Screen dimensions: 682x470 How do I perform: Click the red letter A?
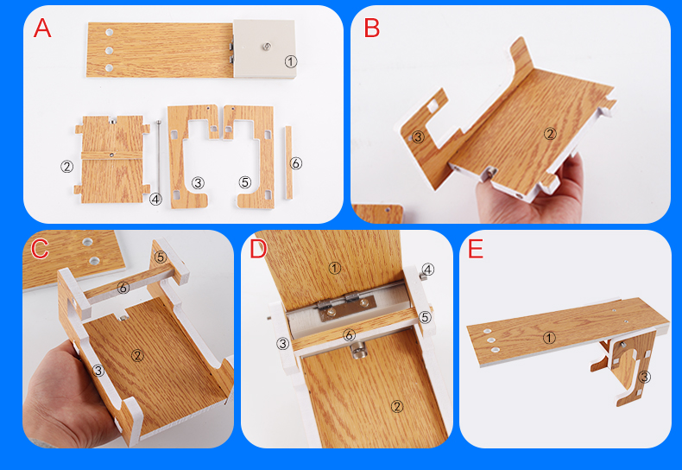click(42, 29)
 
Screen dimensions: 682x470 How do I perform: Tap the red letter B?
click(372, 28)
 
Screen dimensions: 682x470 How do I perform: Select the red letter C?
click(40, 249)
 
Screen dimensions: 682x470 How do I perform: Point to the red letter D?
click(258, 249)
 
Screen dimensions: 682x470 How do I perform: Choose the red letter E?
click(476, 249)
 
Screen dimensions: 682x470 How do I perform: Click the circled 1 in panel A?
click(291, 61)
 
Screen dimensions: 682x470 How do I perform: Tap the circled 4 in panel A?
click(155, 200)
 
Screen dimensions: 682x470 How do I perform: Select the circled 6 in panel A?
click(296, 163)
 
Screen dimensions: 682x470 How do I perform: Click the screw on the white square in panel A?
click(265, 46)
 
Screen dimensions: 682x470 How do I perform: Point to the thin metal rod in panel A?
click(159, 157)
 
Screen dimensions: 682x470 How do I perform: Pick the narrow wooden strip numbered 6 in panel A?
click(288, 162)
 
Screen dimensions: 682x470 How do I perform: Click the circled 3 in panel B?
click(418, 137)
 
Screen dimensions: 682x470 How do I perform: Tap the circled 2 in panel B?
click(550, 134)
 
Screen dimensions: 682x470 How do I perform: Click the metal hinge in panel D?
click(346, 305)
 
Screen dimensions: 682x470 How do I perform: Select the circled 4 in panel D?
click(428, 270)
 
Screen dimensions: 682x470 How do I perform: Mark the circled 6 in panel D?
click(349, 334)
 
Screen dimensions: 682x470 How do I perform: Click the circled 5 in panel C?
click(161, 257)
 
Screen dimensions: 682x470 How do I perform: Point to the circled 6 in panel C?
click(123, 287)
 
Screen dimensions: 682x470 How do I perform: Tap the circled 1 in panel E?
click(549, 337)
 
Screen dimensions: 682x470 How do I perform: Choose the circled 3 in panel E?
click(644, 377)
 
